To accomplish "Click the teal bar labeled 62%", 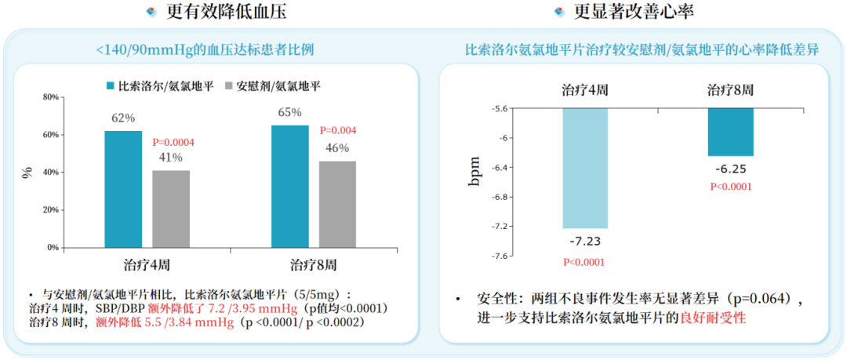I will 123,189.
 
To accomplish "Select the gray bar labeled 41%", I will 171,209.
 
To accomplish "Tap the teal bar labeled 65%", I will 289,186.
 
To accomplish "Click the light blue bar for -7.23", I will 585,168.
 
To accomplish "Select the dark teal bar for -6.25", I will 730,132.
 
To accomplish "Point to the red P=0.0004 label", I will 173,143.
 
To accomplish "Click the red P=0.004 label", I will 338,130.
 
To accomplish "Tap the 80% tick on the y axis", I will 50,97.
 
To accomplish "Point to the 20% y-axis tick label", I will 50,210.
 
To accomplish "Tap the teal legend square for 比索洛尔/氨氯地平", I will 111,85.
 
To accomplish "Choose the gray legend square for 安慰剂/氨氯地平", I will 229,85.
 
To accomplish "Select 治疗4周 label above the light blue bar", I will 585,89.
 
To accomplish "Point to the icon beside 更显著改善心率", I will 559,12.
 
